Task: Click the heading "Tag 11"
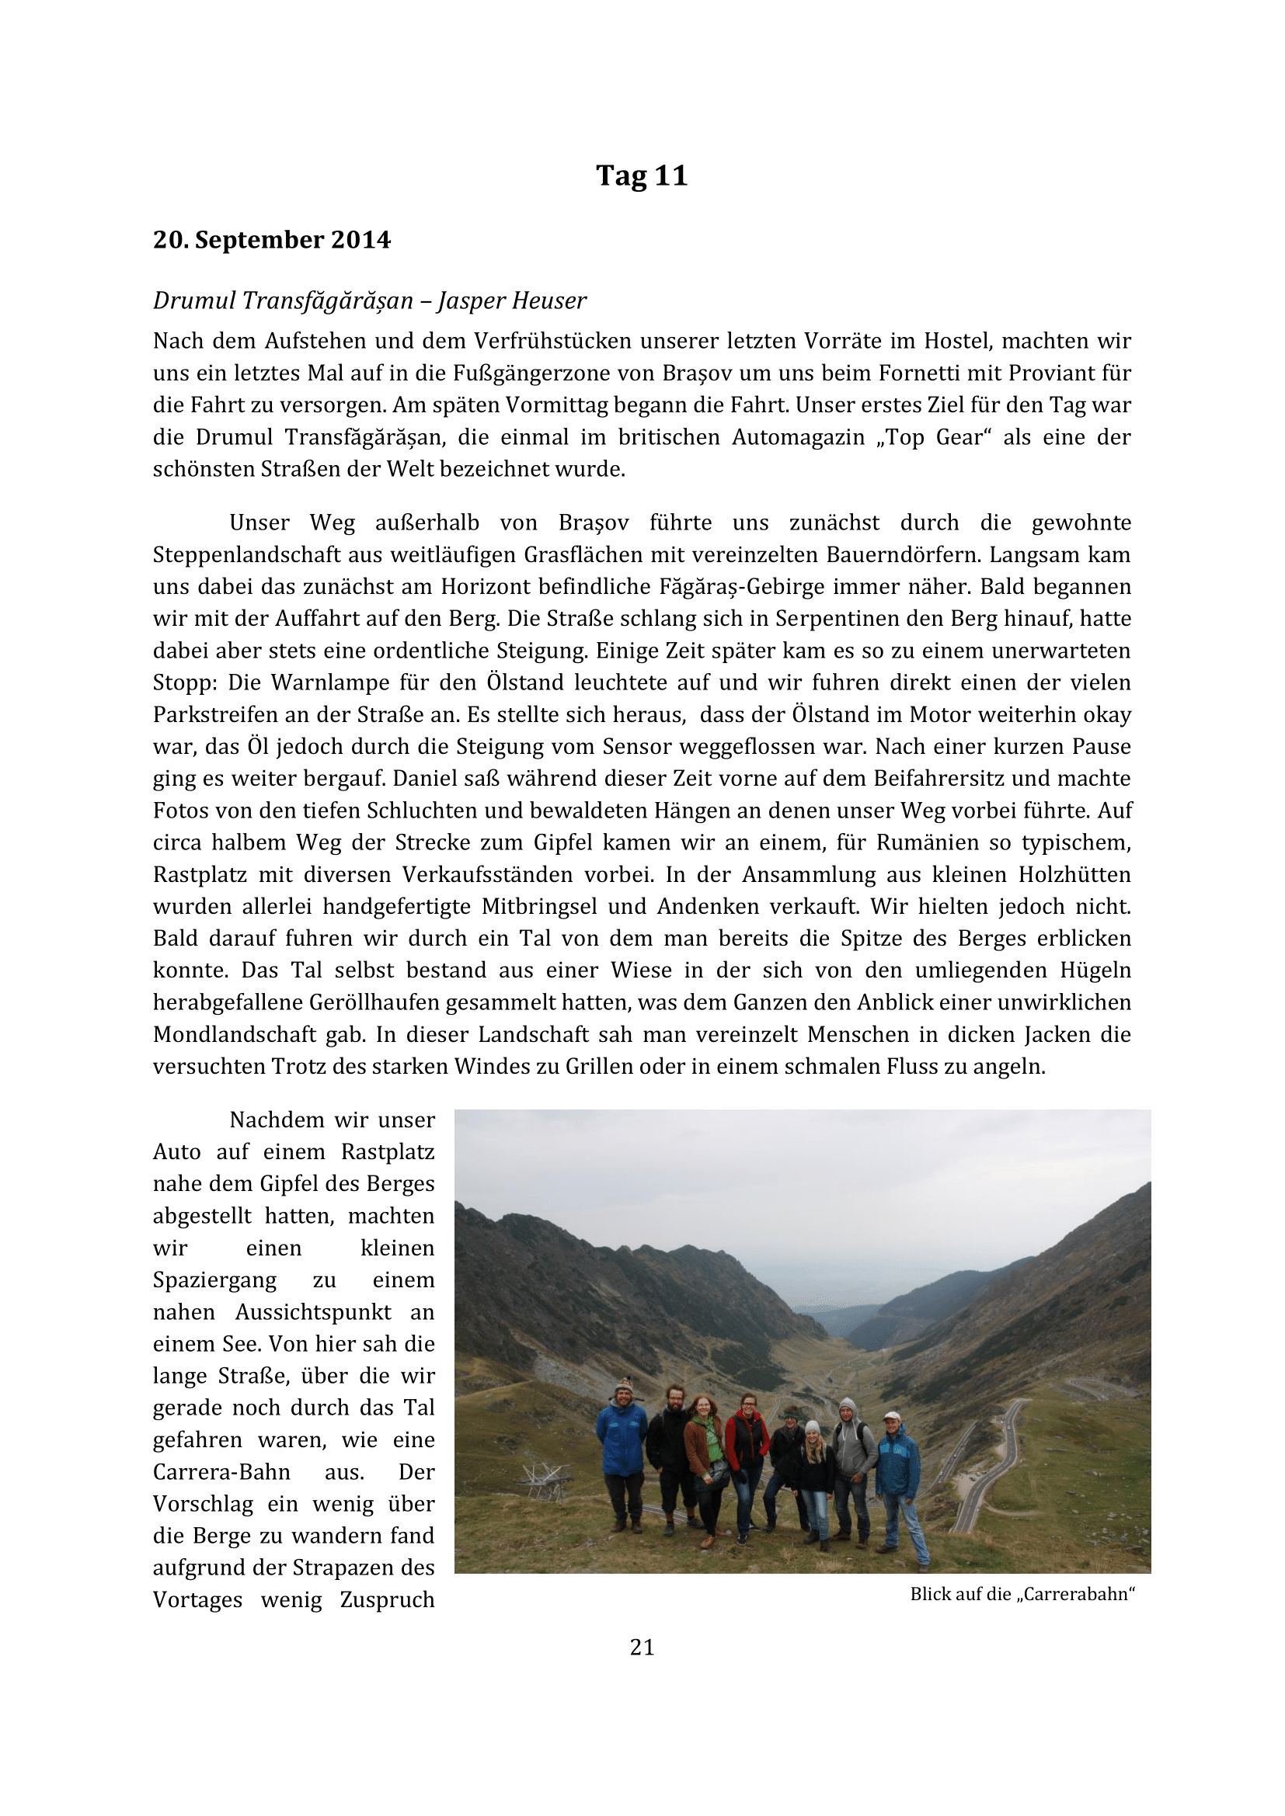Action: coord(642,175)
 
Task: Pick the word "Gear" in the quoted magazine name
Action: coord(963,436)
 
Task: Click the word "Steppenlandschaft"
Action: coord(259,554)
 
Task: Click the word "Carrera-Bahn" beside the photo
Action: coord(221,1472)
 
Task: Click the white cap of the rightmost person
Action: coord(893,1417)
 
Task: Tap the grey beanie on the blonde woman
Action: coord(813,1427)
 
